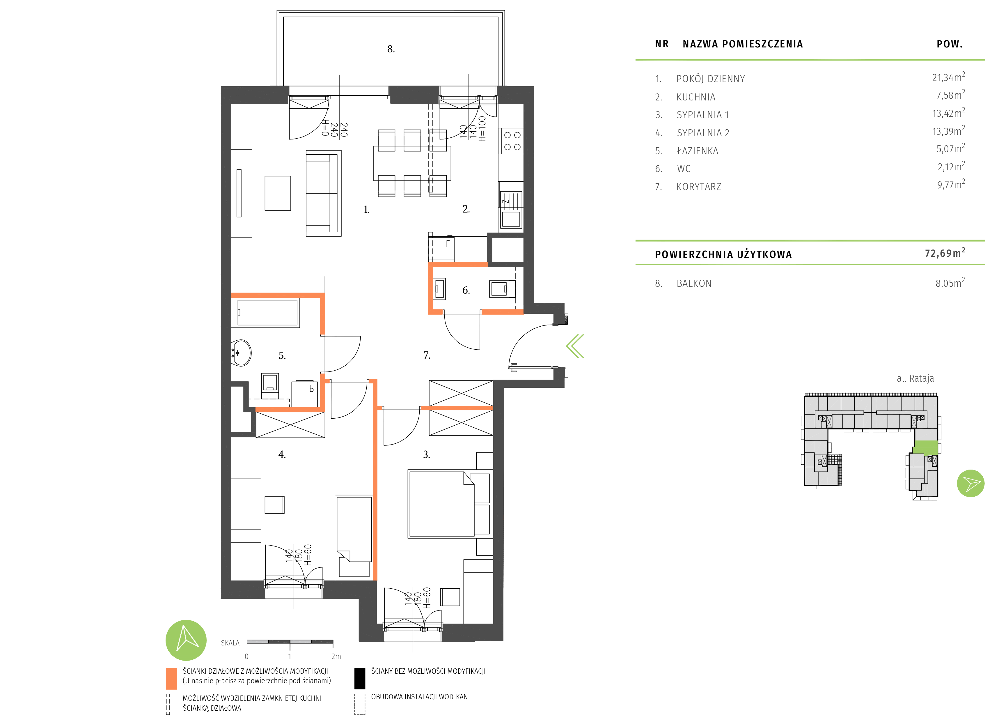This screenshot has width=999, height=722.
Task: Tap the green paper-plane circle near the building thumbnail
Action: pyautogui.click(x=970, y=484)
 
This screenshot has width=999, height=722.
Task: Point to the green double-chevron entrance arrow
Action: pyautogui.click(x=575, y=346)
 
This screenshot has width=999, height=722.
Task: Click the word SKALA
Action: pyautogui.click(x=230, y=643)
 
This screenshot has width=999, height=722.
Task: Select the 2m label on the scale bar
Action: pyautogui.click(x=336, y=657)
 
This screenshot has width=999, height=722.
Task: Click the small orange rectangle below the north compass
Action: pyautogui.click(x=171, y=679)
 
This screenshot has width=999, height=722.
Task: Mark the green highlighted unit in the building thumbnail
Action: pyautogui.click(x=925, y=447)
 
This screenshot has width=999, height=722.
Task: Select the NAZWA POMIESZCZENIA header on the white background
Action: pyautogui.click(x=743, y=44)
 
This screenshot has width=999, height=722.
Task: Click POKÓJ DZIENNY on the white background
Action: pyautogui.click(x=711, y=79)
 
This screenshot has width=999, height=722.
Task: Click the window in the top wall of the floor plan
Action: pyautogui.click(x=468, y=95)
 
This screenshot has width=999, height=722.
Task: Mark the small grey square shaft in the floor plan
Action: pyautogui.click(x=508, y=249)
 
